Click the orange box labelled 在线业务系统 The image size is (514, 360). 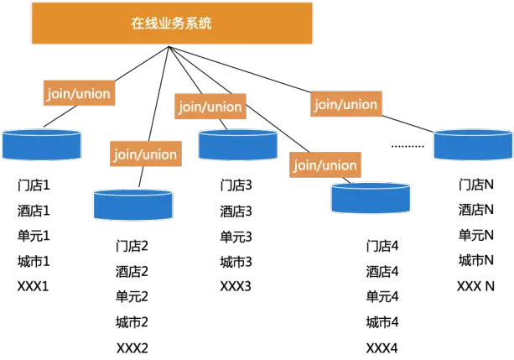click(172, 23)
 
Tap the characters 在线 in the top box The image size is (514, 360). click(144, 23)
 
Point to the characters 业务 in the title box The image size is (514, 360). click(172, 23)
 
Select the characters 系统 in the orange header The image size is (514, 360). click(200, 23)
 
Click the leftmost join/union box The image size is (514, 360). click(78, 93)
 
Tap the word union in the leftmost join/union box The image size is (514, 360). click(91, 93)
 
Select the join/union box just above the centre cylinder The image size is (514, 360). click(210, 107)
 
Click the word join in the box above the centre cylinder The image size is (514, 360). click(189, 107)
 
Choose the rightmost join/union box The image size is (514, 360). click(345, 104)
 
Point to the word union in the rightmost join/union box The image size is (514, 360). click(359, 104)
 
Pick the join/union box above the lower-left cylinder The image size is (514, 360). click(145, 154)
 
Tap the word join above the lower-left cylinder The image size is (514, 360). click(124, 154)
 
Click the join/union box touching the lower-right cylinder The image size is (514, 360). click(325, 164)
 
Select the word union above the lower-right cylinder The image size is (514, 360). click(339, 164)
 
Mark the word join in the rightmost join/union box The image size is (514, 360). click(324, 104)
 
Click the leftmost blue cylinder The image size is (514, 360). click(42, 144)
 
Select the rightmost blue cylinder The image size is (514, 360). click(473, 144)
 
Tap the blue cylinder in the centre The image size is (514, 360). click(238, 144)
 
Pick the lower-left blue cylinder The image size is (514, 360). click(133, 205)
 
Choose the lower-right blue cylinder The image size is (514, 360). click(371, 198)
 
